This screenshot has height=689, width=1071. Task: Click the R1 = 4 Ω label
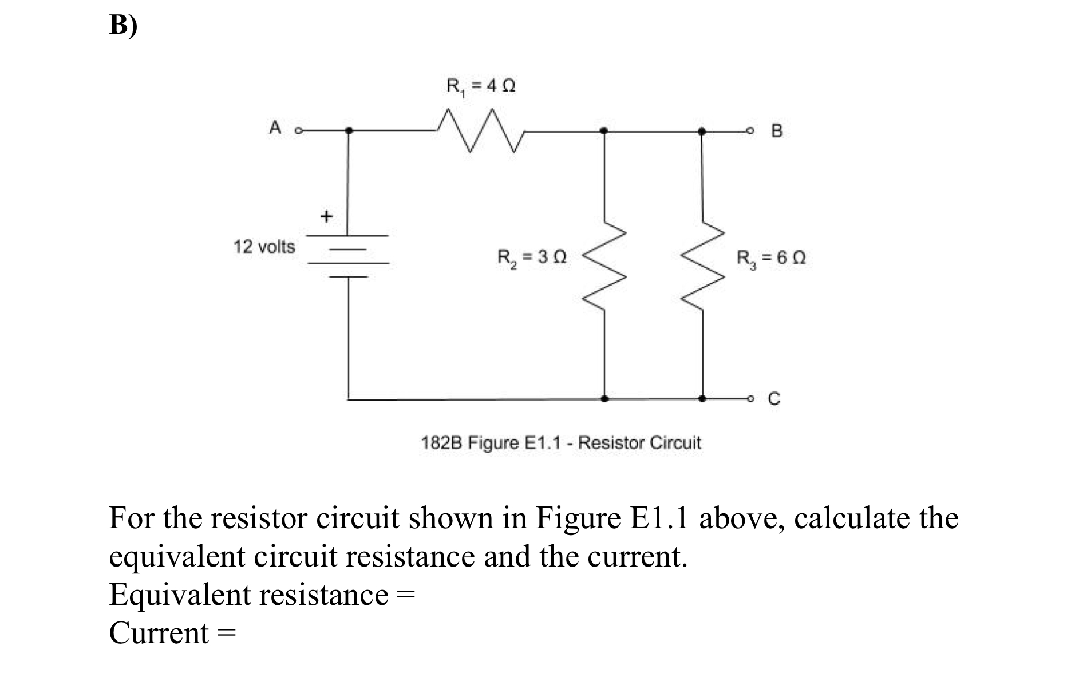481,86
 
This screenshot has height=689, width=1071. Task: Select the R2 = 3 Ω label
532,257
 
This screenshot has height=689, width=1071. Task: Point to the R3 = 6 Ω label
771,258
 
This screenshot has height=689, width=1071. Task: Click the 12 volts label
264,247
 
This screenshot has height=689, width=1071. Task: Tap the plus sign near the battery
326,216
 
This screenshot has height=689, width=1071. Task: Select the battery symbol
348,256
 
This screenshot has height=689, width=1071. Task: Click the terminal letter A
275,128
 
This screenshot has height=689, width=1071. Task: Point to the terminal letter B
776,131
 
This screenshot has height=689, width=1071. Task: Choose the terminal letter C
774,398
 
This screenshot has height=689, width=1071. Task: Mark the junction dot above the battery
349,131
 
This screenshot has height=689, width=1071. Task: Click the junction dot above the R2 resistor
603,131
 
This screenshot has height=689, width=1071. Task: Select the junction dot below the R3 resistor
703,398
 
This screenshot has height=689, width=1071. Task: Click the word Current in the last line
159,633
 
